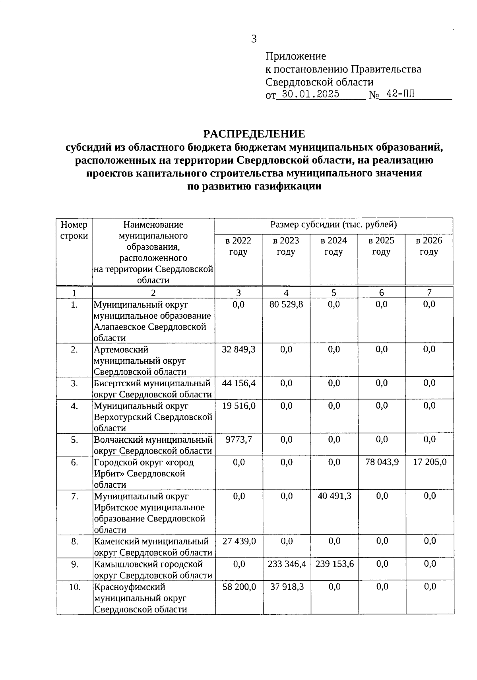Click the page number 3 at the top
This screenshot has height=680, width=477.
tap(254, 39)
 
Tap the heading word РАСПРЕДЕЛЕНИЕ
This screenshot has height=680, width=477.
tap(254, 134)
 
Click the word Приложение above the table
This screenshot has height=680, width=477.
tap(295, 56)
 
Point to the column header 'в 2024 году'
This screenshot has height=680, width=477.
tap(334, 246)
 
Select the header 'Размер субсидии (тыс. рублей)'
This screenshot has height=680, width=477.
tap(334, 225)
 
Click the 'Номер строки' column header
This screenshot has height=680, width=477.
tap(74, 230)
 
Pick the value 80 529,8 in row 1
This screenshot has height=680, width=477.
tap(286, 304)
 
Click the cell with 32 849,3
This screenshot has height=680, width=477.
tap(238, 349)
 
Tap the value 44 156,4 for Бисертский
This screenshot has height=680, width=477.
tap(238, 383)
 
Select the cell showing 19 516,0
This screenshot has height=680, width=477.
tap(238, 406)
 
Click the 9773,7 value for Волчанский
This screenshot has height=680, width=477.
tap(238, 440)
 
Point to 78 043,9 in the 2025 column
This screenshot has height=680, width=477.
tap(382, 462)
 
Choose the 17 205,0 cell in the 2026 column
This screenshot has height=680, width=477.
tap(430, 462)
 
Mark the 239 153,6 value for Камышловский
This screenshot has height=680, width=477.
tap(334, 564)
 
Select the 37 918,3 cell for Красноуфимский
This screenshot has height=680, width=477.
tap(287, 587)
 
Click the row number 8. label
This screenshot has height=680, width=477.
tap(74, 541)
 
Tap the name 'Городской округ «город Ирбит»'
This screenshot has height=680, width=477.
tap(143, 468)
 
